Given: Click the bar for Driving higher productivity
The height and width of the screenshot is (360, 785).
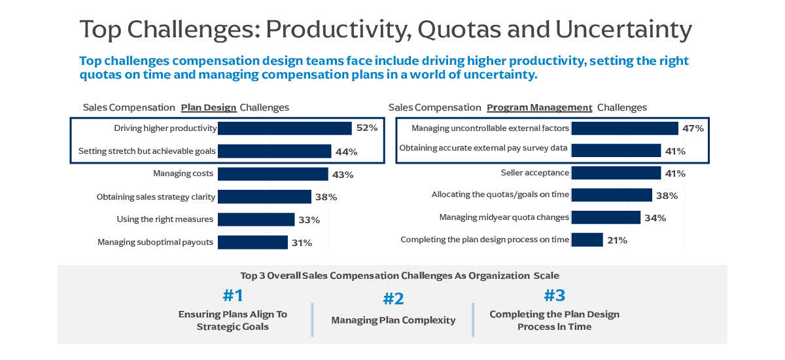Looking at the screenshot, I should (285, 128).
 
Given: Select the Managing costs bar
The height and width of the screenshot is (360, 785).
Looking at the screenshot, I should (273, 174).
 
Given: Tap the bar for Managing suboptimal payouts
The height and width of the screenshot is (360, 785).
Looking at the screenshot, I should (253, 242).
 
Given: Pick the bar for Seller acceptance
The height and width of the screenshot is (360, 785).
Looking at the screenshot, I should (616, 173).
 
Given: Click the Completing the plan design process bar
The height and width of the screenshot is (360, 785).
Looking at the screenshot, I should (587, 240).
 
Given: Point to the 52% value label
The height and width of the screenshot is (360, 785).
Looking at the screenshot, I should (367, 128).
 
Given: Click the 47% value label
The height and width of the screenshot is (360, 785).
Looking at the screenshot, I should (693, 128).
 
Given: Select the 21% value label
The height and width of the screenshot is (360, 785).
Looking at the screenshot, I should (617, 240).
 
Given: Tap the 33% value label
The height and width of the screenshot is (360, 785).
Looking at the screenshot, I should (309, 220).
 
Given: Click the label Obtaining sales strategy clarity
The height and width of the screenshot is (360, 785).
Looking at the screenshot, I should (156, 196).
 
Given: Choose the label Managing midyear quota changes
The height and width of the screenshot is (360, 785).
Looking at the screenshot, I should (504, 217).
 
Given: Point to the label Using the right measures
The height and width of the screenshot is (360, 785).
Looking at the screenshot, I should (165, 219).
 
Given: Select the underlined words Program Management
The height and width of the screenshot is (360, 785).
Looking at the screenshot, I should (539, 107).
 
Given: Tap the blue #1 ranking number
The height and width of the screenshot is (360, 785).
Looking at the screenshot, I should (233, 296).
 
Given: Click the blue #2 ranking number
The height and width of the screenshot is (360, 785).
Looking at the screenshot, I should (393, 299).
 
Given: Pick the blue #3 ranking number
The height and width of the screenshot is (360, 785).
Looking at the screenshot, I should (554, 294).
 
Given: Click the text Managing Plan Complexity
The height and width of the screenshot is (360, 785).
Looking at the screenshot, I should (393, 320).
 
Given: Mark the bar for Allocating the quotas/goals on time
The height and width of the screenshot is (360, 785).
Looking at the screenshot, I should (612, 195).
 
